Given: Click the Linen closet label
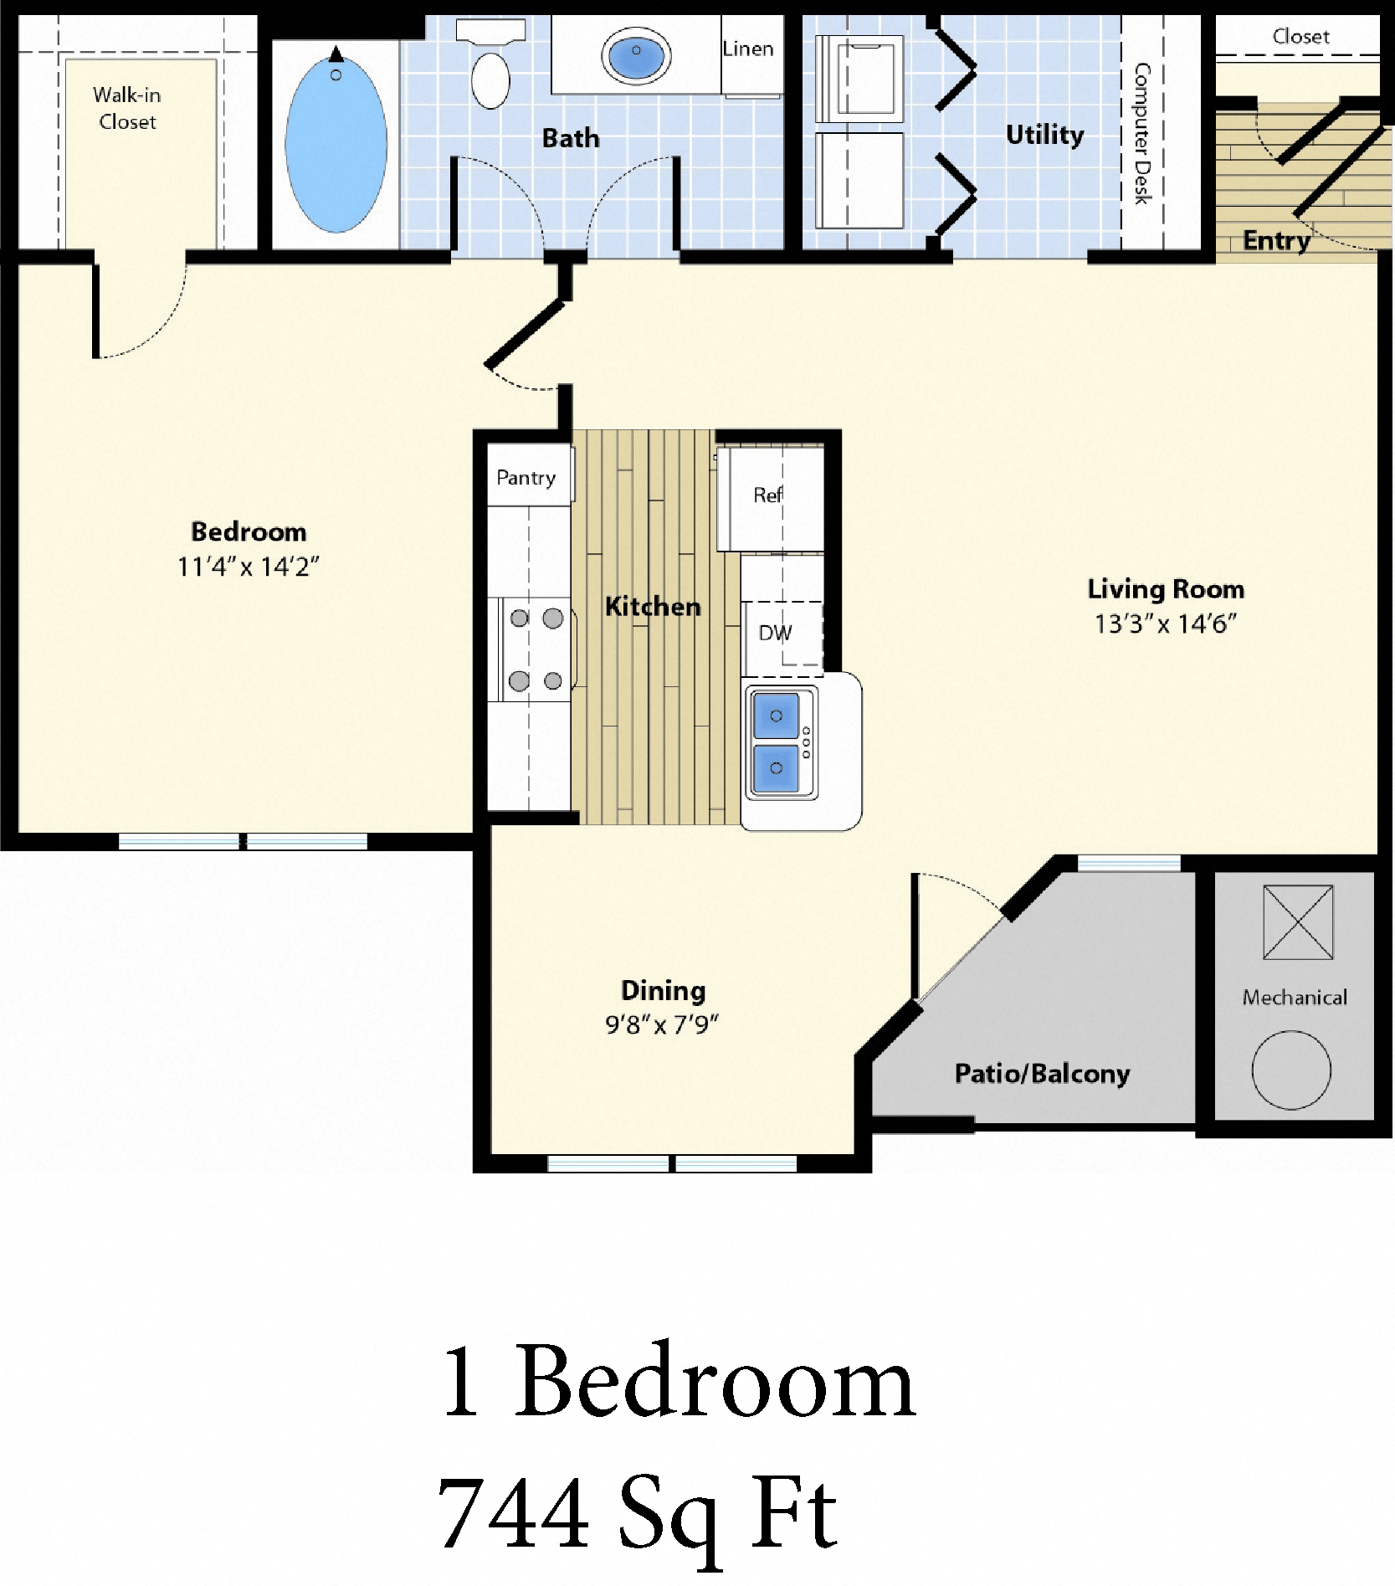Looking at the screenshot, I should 748,49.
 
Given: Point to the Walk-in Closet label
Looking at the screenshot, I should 127,108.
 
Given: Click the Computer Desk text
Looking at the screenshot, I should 1142,134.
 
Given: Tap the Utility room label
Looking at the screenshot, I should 1044,134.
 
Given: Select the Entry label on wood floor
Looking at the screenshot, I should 1276,240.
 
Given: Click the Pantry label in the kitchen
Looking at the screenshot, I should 526,478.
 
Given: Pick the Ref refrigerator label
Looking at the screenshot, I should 767,495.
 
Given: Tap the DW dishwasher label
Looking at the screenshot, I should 775,633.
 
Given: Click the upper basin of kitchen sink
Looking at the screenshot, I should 776,716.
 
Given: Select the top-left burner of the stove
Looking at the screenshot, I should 520,618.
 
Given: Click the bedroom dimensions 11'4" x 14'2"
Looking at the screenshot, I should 248,567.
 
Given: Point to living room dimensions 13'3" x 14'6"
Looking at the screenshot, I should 1165,624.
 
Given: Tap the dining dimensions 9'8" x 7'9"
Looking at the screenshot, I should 662,1024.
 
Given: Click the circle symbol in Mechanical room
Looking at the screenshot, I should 1291,1070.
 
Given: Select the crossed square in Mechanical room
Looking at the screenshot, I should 1298,922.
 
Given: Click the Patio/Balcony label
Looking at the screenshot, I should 1042,1073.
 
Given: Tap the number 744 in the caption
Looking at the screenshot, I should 513,1515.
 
